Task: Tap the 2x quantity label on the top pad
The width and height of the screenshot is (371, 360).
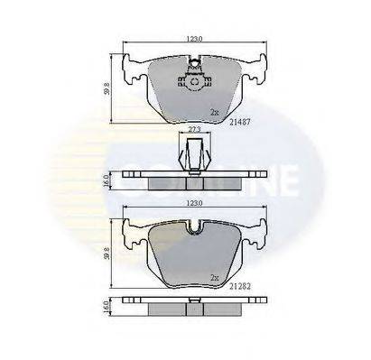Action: (213, 112)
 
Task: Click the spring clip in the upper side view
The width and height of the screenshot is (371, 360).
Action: (192, 153)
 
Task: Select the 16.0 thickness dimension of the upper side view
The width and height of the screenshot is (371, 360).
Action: (108, 180)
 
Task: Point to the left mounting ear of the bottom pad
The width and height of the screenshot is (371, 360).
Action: (134, 232)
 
